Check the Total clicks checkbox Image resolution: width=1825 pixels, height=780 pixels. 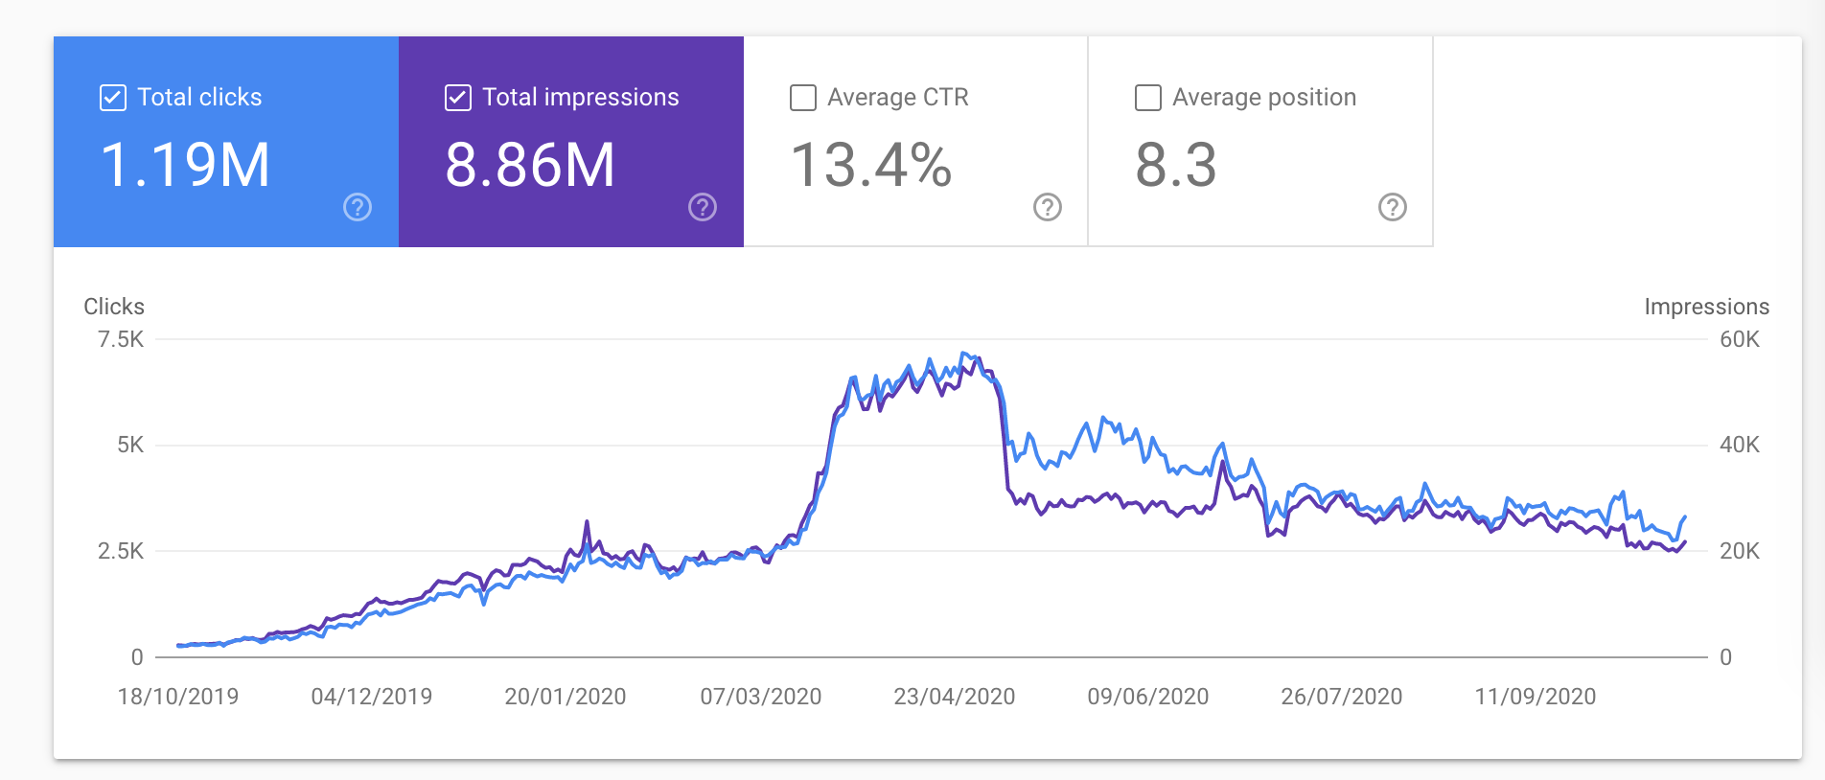point(113,98)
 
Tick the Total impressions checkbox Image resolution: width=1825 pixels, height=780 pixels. point(458,98)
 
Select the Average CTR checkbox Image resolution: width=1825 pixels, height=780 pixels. point(803,98)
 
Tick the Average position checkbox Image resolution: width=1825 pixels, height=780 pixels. point(1148,98)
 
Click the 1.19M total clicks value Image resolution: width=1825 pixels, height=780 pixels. point(185,165)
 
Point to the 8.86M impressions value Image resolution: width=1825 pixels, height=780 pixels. point(529,165)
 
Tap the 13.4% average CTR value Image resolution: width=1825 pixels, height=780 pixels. point(870,165)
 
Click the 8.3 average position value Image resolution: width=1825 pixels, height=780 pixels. point(1175,165)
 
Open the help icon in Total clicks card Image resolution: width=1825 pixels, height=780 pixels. point(358,207)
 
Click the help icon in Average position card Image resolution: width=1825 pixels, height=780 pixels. point(1393,207)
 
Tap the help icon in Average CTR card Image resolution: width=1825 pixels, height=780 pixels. point(1048,207)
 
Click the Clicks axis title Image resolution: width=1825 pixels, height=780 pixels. point(114,307)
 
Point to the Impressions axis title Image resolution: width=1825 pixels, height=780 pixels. point(1706,307)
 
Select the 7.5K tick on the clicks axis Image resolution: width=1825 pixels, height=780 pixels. point(121,339)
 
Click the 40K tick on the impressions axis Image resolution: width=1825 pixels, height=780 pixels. point(1740,445)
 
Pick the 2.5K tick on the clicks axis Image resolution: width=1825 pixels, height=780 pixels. point(121,551)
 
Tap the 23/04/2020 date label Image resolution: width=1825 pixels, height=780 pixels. point(954,697)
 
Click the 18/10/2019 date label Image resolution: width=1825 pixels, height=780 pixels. point(178,697)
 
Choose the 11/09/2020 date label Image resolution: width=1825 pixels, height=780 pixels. point(1535,697)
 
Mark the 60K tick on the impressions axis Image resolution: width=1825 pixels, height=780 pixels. point(1740,339)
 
